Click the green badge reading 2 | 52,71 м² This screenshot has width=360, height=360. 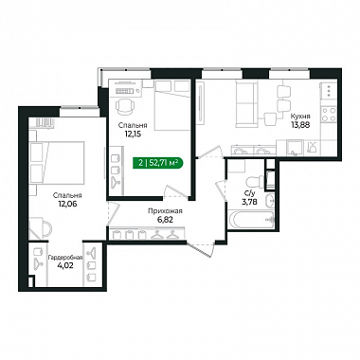157,163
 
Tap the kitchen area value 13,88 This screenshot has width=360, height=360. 300,124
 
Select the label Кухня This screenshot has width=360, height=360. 300,117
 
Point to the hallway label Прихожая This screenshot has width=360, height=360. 166,211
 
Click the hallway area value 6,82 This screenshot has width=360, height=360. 166,219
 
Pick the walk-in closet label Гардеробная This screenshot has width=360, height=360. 65,258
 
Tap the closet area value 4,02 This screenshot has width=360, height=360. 65,265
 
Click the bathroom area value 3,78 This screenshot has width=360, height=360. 249,202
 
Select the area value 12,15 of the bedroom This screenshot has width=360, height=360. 133,134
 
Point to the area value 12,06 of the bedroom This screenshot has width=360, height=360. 67,204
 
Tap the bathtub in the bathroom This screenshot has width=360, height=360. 251,219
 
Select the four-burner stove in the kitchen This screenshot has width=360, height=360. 329,115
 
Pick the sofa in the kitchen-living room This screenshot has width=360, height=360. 246,103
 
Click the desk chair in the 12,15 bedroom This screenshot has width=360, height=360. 125,106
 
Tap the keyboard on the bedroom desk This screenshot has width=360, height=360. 125,91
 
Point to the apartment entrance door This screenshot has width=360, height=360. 201,248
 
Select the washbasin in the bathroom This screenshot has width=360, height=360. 269,201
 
